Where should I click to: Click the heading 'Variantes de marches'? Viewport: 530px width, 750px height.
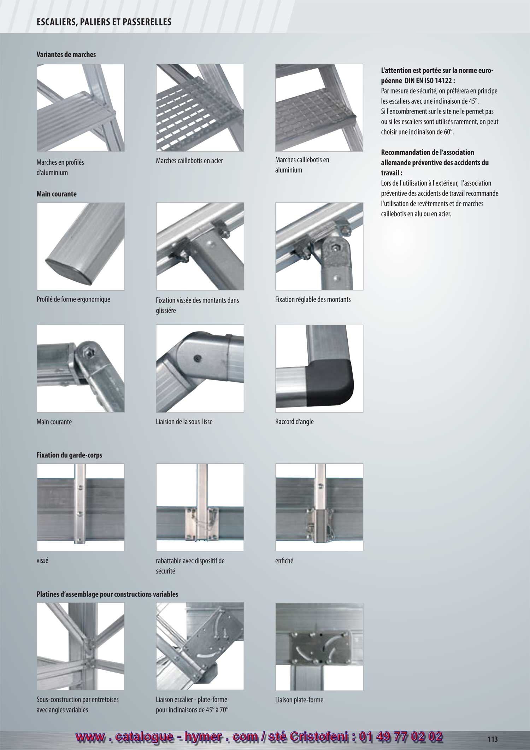pos(66,54)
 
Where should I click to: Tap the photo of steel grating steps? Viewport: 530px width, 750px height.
pos(200,108)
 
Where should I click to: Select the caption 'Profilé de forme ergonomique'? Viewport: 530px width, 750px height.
pos(73,299)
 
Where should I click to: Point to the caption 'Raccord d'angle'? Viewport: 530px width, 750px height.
pos(294,422)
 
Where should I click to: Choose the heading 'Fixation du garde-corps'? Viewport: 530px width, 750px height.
pos(69,455)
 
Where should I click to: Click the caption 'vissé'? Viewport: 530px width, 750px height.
pos(42,561)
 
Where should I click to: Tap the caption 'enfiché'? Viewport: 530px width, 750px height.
pos(284,561)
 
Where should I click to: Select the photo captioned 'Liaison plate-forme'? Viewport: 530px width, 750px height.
pos(319,647)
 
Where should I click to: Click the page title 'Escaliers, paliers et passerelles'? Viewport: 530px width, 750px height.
pos(104,22)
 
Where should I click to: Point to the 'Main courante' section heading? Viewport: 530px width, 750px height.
pos(57,194)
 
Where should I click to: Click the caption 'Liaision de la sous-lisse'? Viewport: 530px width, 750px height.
pos(184,422)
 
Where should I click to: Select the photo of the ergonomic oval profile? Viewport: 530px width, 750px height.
pos(81,246)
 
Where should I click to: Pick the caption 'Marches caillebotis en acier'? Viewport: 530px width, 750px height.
pos(189,160)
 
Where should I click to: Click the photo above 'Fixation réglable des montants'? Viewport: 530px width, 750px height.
pos(319,246)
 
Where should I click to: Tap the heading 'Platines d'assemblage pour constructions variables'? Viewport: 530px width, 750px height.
pos(107,594)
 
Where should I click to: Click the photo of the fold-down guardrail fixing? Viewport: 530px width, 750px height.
pos(200,507)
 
